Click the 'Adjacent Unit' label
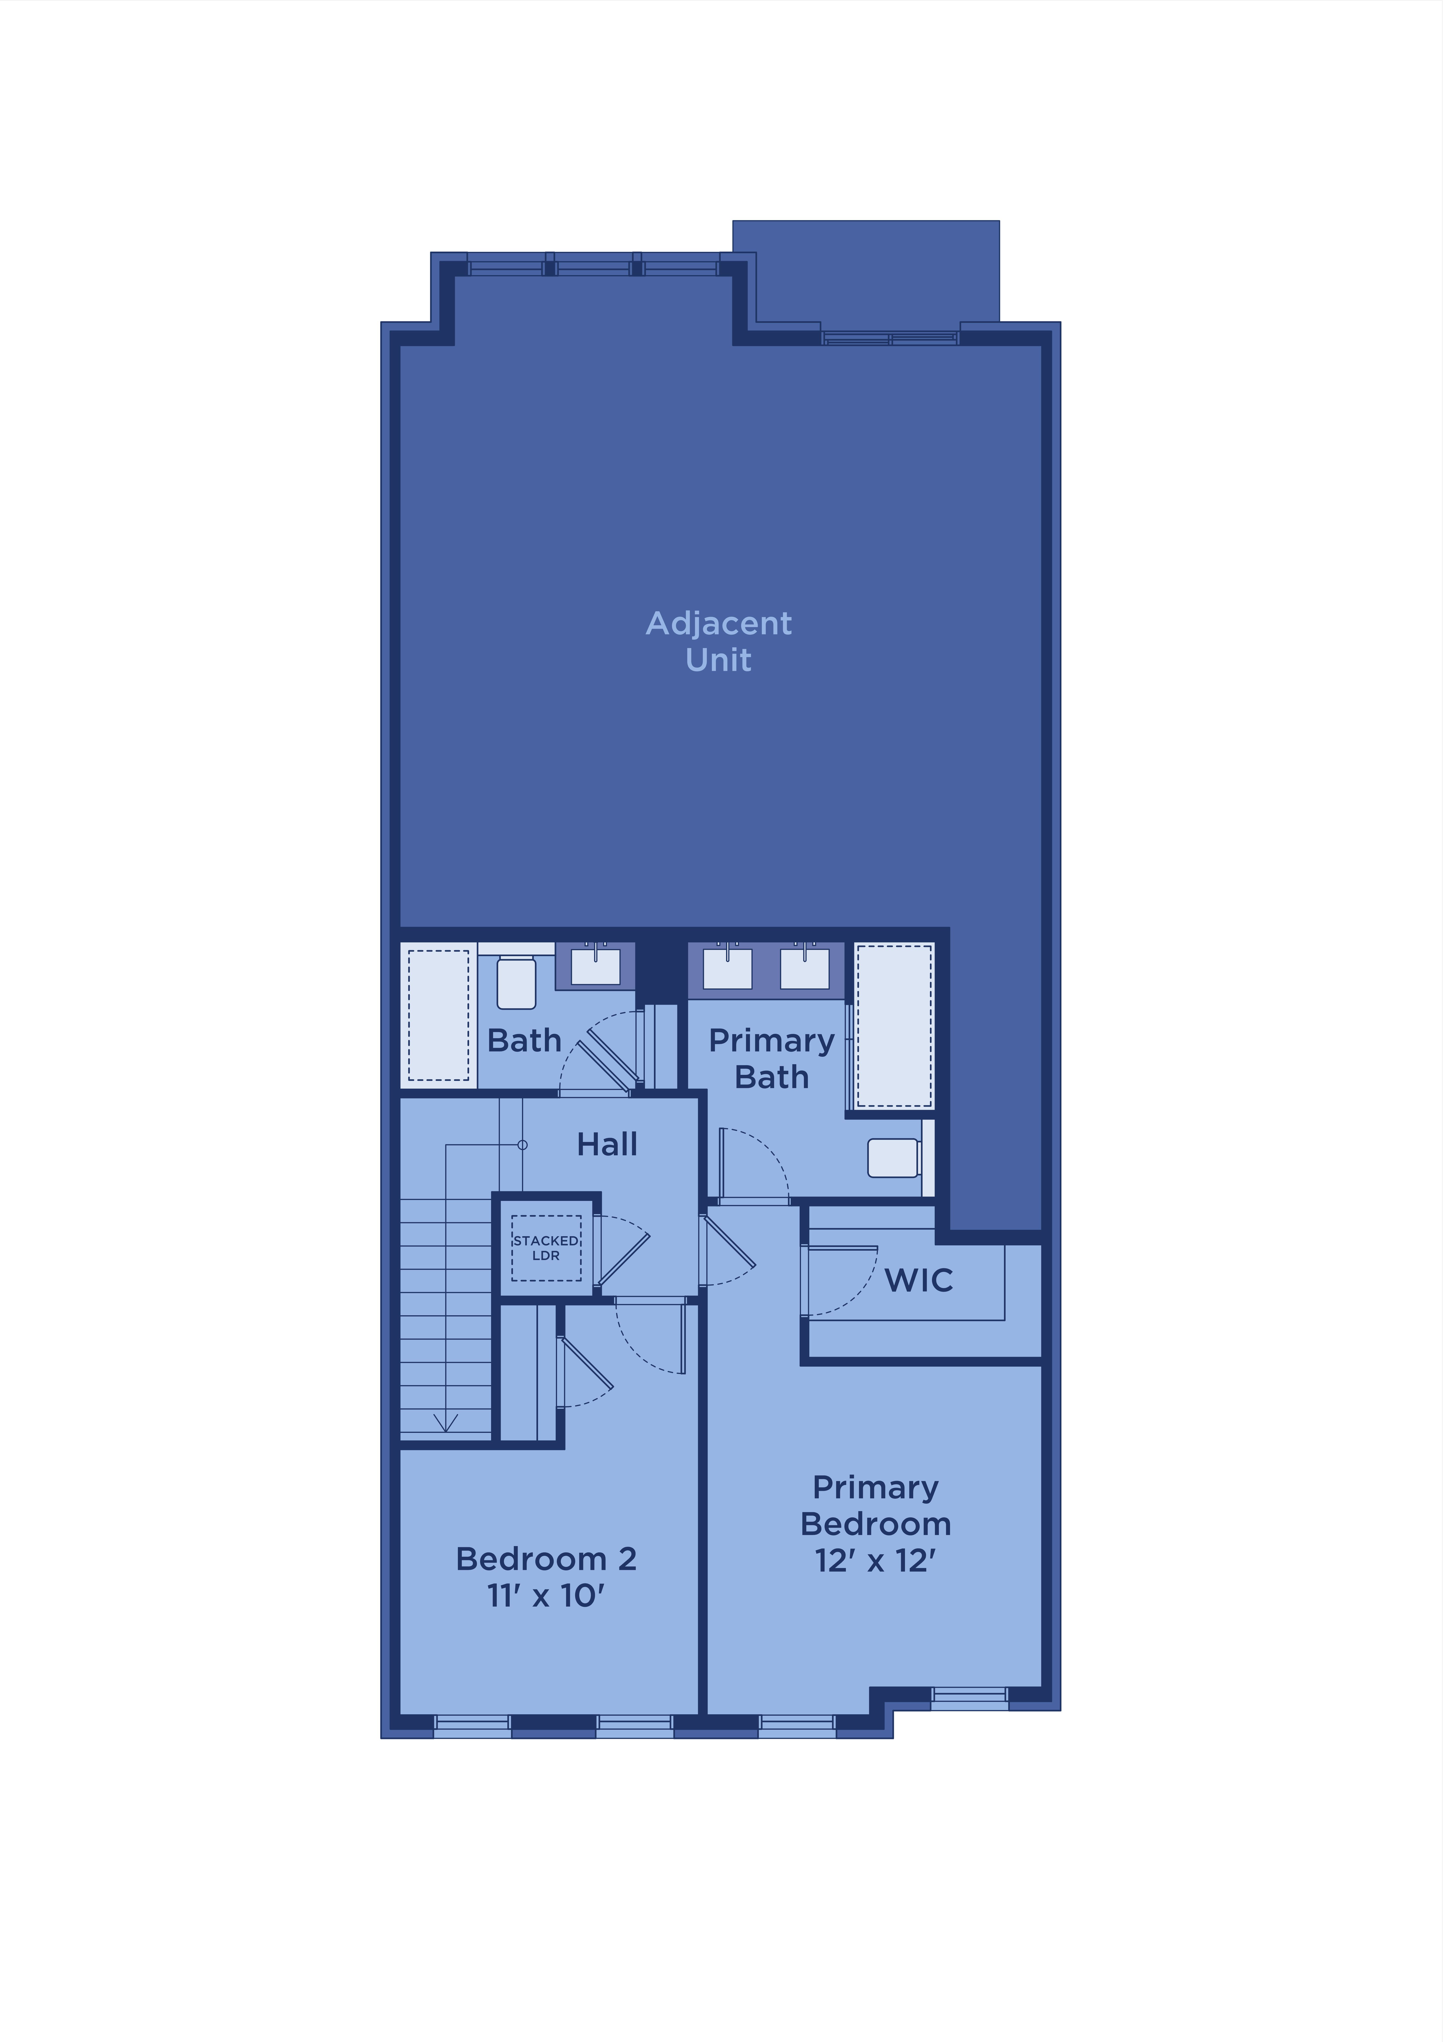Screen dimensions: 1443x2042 pyautogui.click(x=718, y=641)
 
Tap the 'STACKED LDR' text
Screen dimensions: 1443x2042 pyautogui.click(x=546, y=1248)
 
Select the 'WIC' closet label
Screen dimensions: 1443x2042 pyautogui.click(x=918, y=1281)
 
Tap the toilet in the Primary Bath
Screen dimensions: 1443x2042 pyautogui.click(x=894, y=1158)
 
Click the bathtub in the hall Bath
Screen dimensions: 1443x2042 pyautogui.click(x=438, y=1015)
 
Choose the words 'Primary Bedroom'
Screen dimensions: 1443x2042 pyautogui.click(x=876, y=1506)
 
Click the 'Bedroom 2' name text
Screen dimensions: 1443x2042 pyautogui.click(x=546, y=1559)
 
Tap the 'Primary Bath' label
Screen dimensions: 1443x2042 pyautogui.click(x=772, y=1058)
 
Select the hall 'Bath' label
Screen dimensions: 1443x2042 pyautogui.click(x=525, y=1041)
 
